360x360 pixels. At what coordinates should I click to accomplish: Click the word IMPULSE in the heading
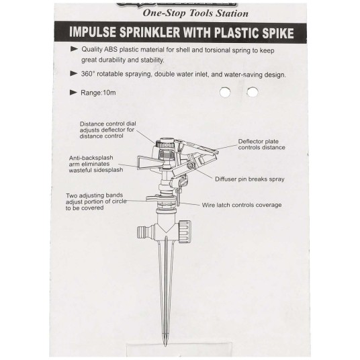93,32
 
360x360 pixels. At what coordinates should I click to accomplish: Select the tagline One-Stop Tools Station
195,13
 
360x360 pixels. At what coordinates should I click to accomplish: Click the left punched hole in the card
225,92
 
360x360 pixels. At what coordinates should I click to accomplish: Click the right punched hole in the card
253,92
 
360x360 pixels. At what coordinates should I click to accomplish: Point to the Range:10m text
98,93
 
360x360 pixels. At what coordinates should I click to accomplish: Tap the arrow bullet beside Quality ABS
74,48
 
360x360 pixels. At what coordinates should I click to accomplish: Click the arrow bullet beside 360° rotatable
74,73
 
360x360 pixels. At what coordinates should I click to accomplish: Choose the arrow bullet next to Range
73,93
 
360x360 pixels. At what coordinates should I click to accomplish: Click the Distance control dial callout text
108,130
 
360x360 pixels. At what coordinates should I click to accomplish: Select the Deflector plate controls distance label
261,144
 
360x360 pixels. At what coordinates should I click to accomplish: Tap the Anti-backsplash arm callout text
96,164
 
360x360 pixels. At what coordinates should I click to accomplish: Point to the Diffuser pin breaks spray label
250,179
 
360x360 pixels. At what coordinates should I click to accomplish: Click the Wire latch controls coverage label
242,205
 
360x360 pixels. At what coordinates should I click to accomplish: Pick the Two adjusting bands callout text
96,201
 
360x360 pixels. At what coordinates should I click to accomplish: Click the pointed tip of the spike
165,346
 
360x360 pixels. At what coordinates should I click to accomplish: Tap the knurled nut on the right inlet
184,232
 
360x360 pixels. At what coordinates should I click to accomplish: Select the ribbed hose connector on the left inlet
143,232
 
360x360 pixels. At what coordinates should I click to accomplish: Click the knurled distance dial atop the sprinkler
165,144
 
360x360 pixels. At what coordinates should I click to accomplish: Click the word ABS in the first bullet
111,49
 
